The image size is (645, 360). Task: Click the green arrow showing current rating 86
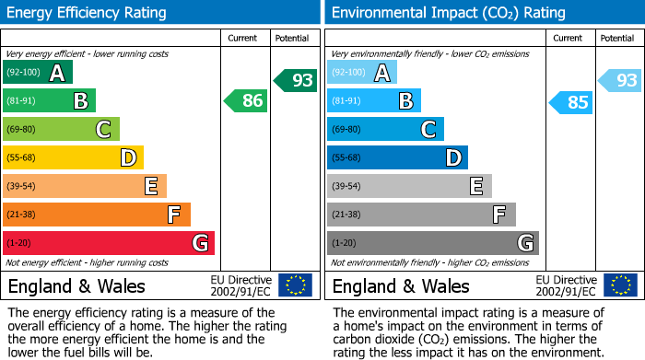tap(247, 101)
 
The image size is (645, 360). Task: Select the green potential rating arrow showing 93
tap(295, 80)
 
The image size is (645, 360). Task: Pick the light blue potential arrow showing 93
tap(619, 80)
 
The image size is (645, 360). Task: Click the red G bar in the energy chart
tap(108, 243)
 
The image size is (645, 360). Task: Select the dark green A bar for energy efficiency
tap(37, 73)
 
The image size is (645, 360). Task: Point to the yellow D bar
tap(73, 158)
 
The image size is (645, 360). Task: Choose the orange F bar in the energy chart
tap(96, 215)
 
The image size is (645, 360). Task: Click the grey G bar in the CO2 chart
tap(432, 243)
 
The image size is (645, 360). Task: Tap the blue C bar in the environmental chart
tap(385, 130)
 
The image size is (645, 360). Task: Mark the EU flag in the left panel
tap(295, 285)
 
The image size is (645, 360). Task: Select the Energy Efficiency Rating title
tap(87, 13)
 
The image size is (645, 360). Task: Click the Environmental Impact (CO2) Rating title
tap(448, 13)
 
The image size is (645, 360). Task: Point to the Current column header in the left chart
tap(243, 38)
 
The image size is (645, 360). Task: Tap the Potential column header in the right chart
tap(616, 38)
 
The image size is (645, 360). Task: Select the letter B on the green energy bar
tap(80, 101)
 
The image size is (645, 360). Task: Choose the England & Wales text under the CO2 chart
tap(401, 285)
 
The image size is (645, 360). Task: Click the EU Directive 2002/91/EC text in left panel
tap(240, 285)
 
